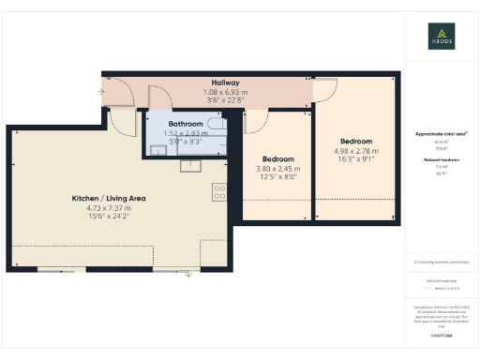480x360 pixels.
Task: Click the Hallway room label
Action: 225,82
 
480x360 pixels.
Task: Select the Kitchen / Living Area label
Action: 109,199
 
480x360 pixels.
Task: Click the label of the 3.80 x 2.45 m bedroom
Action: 277,158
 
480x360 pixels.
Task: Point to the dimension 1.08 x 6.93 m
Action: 225,93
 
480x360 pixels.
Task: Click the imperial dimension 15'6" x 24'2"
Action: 109,219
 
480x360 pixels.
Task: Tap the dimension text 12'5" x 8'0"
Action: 277,178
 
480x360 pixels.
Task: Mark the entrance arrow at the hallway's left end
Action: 100,92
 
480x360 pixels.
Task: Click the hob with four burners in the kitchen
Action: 219,191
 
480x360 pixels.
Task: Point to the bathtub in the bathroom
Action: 216,124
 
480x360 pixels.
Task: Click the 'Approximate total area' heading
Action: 442,134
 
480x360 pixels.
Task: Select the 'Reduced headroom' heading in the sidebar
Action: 442,160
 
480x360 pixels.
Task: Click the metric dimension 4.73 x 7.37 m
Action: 109,209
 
